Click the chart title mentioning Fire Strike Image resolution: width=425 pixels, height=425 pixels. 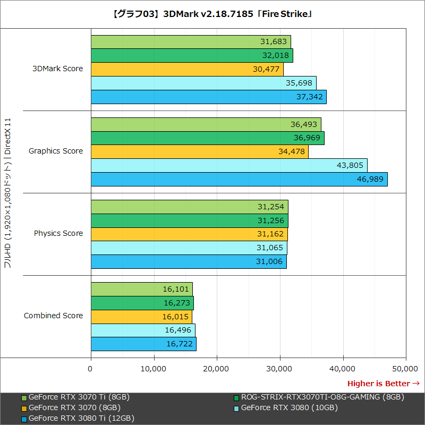coord(212,14)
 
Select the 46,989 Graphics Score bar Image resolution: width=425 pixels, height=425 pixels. coord(239,179)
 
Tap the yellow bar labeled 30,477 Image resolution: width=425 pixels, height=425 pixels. coord(187,70)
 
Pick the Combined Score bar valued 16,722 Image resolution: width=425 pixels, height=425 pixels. coord(143,344)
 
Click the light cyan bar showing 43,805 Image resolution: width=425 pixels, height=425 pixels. coord(229,165)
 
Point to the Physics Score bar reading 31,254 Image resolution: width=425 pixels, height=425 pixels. coord(189,207)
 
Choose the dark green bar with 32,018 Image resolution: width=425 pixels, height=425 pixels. coord(192,56)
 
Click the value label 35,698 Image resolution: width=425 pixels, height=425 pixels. coord(300,83)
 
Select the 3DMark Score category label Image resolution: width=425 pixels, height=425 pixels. coord(57,69)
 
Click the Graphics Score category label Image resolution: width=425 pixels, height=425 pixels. coord(56,151)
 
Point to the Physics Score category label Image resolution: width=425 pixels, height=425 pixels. coord(58,233)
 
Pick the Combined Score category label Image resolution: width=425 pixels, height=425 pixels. coord(53,316)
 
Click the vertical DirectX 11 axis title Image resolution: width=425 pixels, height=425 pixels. coord(8,194)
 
